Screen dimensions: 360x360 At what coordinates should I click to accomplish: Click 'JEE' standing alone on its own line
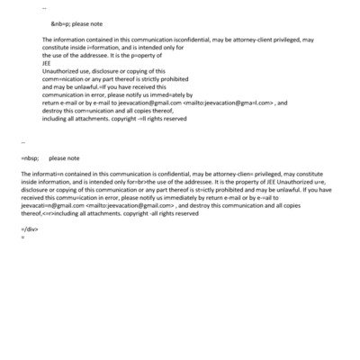47,63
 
